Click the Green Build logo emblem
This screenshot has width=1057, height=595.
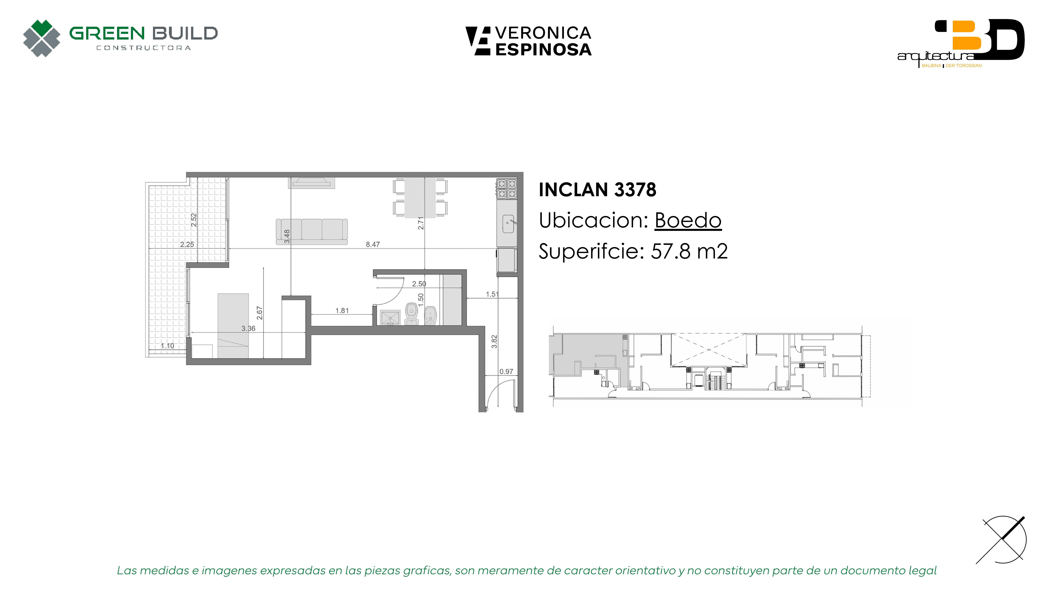click(41, 38)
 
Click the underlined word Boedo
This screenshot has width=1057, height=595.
click(688, 221)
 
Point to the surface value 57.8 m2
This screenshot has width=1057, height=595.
click(689, 251)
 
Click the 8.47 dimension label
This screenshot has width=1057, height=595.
click(373, 244)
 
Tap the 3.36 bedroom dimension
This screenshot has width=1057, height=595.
click(248, 328)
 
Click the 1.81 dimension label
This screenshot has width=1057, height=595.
click(342, 311)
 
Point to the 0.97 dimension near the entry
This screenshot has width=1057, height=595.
click(506, 372)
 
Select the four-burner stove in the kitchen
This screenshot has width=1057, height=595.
click(507, 188)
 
